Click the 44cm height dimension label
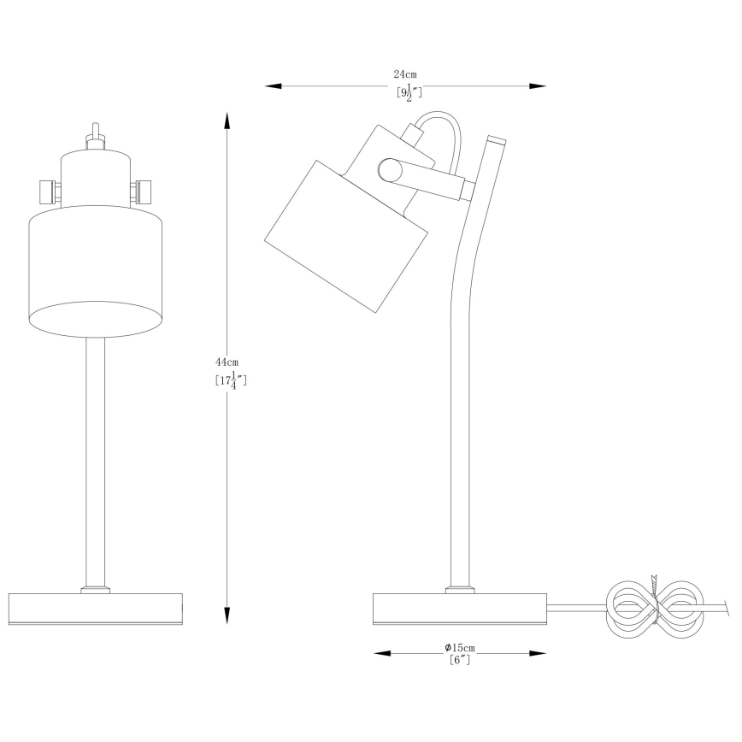tap(227, 363)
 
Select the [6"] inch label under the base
tap(459, 659)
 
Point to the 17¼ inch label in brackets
tap(231, 380)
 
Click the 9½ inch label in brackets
tap(409, 93)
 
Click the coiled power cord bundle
tap(654, 609)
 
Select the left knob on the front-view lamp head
tap(48, 190)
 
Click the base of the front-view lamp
tap(96, 608)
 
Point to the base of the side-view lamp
tap(459, 608)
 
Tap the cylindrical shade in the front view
tap(96, 269)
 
